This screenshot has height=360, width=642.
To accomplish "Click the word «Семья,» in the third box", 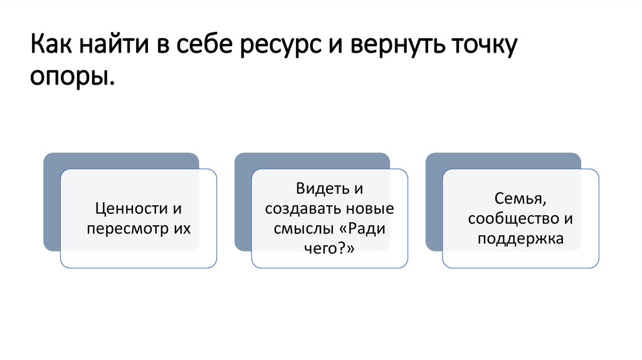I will coord(520,198).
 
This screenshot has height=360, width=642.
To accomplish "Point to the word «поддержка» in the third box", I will coord(520,238).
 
